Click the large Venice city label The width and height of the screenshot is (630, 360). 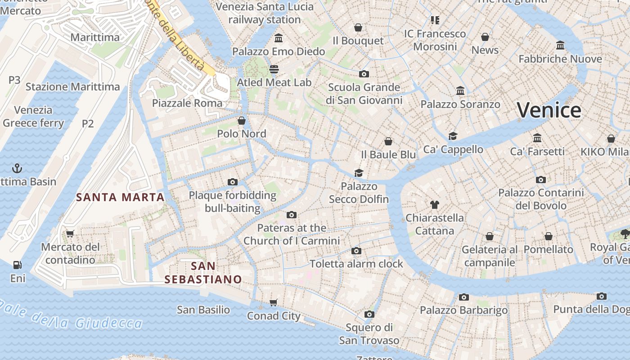click(549, 110)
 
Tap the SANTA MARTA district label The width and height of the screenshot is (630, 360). click(120, 197)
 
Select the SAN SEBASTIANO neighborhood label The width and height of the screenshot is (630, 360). click(203, 273)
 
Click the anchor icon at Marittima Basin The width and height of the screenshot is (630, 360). click(17, 169)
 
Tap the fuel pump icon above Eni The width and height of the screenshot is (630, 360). click(18, 265)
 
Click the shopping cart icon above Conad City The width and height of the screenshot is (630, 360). click(274, 302)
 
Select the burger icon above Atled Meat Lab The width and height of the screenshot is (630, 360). click(274, 69)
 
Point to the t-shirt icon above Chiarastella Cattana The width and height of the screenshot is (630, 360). click(434, 205)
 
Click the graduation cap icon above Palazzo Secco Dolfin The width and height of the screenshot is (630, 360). click(359, 173)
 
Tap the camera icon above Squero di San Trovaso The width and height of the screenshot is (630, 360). click(369, 314)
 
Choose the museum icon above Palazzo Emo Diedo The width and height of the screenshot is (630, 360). click(279, 38)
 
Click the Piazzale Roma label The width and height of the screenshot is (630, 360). click(187, 103)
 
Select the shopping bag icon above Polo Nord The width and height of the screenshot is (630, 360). click(242, 121)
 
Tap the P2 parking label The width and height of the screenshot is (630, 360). click(88, 123)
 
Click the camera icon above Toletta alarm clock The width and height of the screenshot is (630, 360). click(356, 251)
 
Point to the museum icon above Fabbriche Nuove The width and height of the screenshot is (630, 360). click(560, 45)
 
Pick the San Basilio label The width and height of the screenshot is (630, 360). click(203, 310)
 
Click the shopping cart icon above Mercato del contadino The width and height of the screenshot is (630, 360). click(70, 234)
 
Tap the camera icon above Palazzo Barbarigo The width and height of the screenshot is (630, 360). click(464, 297)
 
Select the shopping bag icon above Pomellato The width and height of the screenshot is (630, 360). click(549, 236)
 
